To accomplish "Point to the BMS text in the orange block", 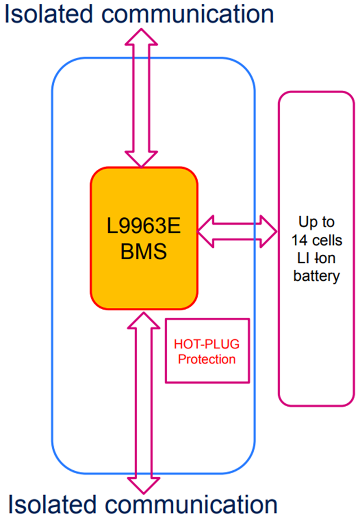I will (144, 252).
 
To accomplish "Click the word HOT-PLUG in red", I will (207, 344).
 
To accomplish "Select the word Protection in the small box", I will (207, 359).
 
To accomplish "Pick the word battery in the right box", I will (316, 276).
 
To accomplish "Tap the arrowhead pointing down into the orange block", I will (142, 157).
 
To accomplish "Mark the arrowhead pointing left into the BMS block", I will (207, 230).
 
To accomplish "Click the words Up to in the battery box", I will (316, 222).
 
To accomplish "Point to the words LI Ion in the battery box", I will (316, 258).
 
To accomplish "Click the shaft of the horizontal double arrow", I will (237, 230).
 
